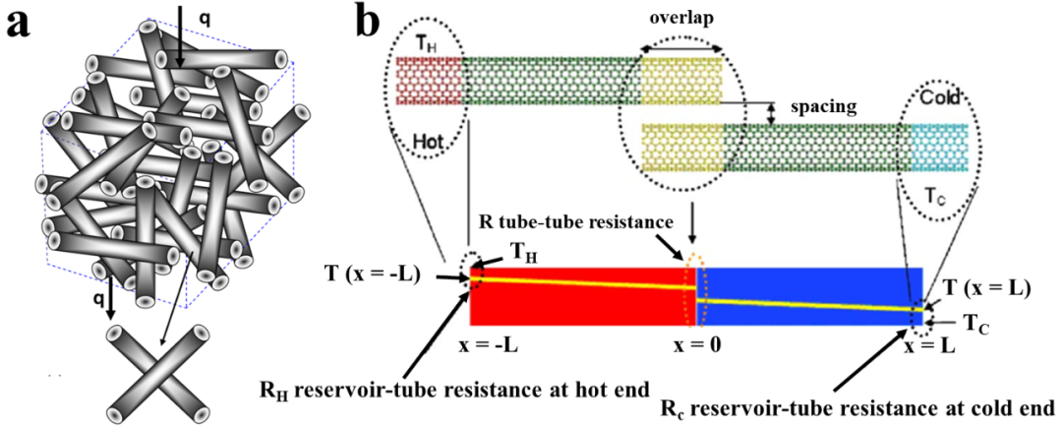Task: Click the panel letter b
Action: (369, 22)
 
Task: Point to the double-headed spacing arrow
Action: (772, 113)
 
